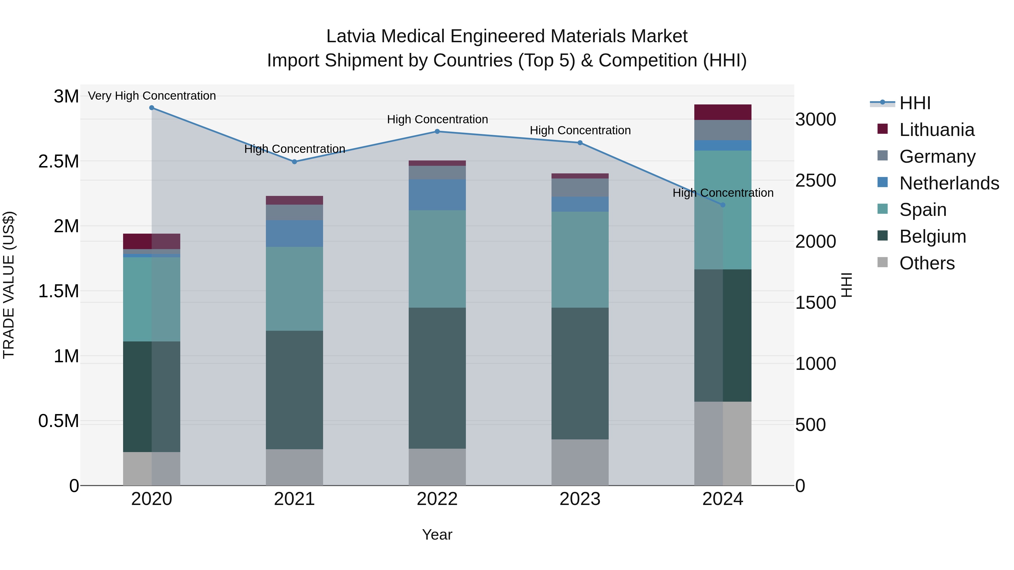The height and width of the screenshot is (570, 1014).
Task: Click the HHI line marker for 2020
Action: [x=152, y=108]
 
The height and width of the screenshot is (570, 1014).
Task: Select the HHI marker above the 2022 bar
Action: [x=437, y=131]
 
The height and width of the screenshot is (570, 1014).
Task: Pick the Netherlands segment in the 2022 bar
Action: [x=437, y=195]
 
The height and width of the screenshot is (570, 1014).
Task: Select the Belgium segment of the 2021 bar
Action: [x=294, y=390]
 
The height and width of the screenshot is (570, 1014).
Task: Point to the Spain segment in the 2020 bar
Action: [x=152, y=299]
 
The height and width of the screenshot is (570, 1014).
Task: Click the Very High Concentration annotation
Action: [x=152, y=96]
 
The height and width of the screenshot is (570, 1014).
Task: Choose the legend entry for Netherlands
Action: [x=949, y=183]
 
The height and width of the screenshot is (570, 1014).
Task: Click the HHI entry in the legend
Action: [x=914, y=103]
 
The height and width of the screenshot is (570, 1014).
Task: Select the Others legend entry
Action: [x=927, y=263]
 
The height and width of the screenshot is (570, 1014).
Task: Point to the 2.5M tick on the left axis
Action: [x=59, y=162]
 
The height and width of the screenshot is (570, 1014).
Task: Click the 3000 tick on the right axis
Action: [x=815, y=120]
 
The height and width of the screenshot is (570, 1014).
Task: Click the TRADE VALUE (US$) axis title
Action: [x=9, y=285]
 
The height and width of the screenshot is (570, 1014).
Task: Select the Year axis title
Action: [x=437, y=535]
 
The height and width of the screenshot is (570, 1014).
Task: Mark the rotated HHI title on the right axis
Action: [x=846, y=285]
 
